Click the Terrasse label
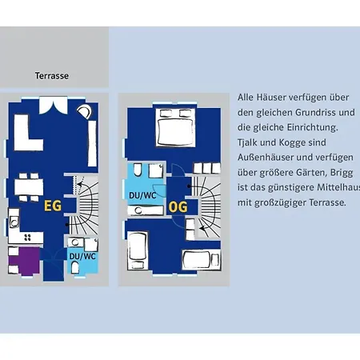pos(52,76)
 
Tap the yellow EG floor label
pos(53,206)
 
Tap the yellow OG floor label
pos(178,207)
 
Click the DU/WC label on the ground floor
pos(82,257)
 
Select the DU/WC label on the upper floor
pos(142,195)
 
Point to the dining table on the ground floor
pos(29,186)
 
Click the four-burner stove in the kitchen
pos(27,237)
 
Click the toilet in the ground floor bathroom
pos(75,267)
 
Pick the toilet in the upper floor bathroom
pos(138,170)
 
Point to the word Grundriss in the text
pos(312,113)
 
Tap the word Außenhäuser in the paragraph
pos(265,158)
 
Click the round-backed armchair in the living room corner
pos(85,111)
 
